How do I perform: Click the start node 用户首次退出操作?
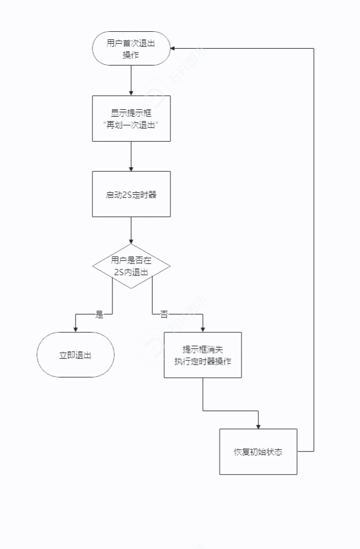(x=131, y=48)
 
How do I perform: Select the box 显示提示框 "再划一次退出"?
(x=131, y=119)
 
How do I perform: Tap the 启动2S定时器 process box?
(x=131, y=194)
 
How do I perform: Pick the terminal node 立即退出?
(x=75, y=354)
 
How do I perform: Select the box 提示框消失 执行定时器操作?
(x=203, y=354)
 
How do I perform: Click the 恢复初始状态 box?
(x=258, y=452)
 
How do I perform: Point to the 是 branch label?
(x=99, y=314)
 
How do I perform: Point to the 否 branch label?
(x=164, y=314)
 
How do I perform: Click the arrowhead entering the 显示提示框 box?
(x=131, y=92)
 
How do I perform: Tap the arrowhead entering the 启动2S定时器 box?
(x=131, y=168)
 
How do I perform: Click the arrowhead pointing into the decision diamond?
(x=131, y=241)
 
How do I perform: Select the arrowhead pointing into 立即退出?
(x=75, y=329)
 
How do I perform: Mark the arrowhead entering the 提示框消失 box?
(x=203, y=329)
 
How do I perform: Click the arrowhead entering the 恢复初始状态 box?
(x=258, y=425)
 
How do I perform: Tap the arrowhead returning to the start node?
(x=173, y=48)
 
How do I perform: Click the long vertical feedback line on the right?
(x=313, y=250)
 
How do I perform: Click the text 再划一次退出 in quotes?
(x=131, y=125)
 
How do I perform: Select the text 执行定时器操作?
(x=203, y=361)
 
